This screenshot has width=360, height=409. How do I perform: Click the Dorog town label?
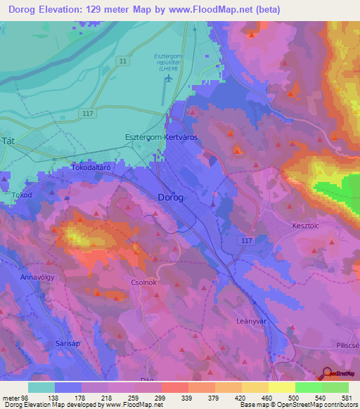point(170,198)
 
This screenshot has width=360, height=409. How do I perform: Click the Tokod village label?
point(22,195)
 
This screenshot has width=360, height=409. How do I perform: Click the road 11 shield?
point(124,63)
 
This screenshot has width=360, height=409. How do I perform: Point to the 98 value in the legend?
point(26,397)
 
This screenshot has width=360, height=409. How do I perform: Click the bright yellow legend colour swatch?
point(281,387)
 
